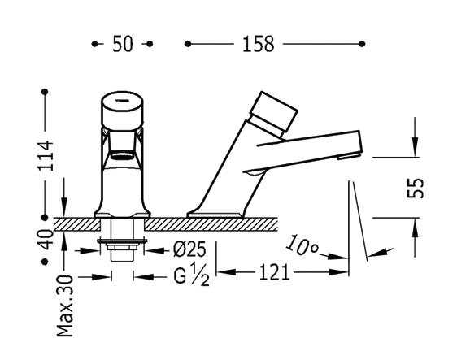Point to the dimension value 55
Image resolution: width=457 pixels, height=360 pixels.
pos(414,189)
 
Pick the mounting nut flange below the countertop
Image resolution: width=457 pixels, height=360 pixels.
pos(122,241)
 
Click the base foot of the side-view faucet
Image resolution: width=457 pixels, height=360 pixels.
pos(215,214)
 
